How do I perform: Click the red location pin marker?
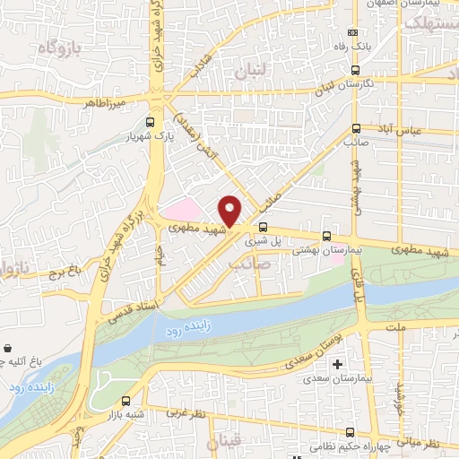(x=230, y=211)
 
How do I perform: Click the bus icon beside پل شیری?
(x=263, y=227)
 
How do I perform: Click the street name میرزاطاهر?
(x=105, y=104)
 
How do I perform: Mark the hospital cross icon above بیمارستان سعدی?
(x=338, y=365)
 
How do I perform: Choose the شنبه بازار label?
(x=124, y=417)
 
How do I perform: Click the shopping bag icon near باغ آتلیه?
(x=9, y=348)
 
